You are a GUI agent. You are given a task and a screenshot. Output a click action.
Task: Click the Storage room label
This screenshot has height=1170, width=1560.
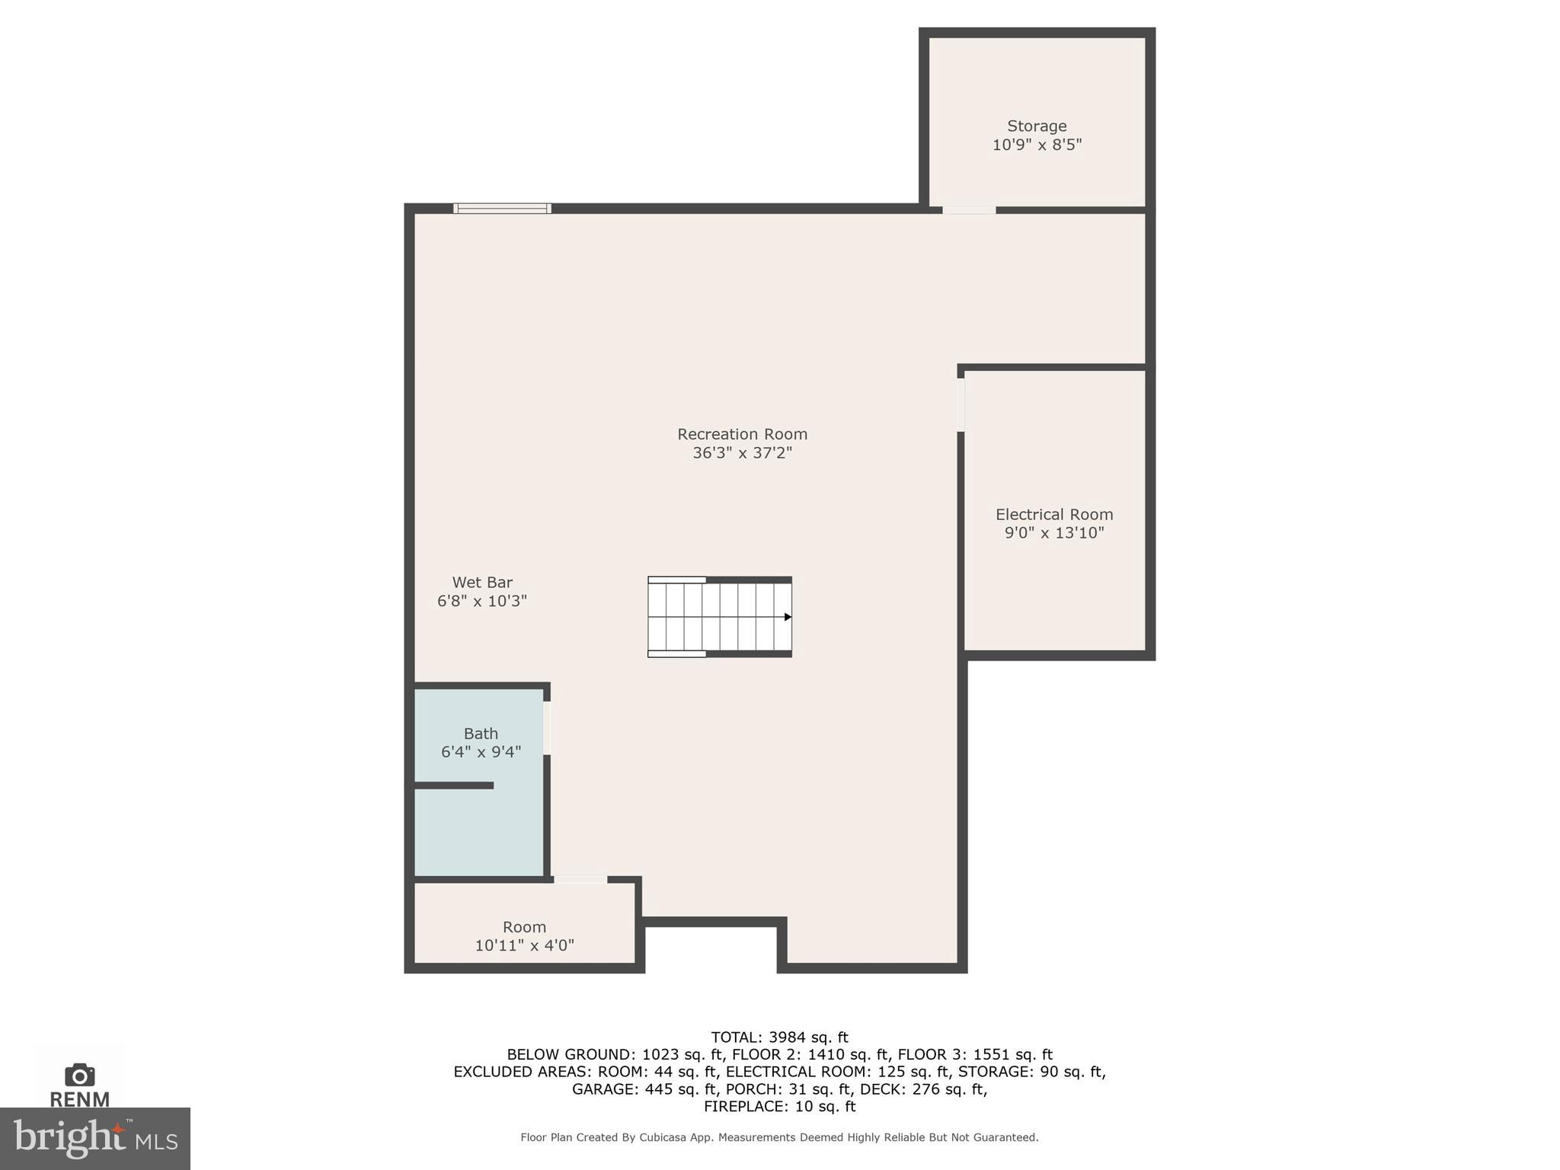(1036, 126)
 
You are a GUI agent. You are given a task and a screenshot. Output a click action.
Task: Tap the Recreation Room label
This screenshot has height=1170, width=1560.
(742, 434)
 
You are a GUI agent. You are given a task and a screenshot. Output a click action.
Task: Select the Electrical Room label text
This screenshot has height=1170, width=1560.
(1053, 514)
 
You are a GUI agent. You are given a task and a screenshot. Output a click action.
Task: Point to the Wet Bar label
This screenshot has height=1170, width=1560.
(482, 583)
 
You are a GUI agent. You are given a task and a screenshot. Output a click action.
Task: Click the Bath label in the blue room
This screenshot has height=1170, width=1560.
(481, 734)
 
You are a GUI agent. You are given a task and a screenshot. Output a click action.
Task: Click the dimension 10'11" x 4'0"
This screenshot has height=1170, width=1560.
(524, 945)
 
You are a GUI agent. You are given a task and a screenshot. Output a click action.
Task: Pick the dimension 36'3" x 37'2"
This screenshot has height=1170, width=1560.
(742, 452)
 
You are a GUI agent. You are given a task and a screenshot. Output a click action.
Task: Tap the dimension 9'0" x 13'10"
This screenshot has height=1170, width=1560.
(1053, 532)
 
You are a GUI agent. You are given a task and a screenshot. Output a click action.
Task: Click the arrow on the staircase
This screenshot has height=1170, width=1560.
(788, 617)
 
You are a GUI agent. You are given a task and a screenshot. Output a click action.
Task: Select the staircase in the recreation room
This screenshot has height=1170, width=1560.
(719, 617)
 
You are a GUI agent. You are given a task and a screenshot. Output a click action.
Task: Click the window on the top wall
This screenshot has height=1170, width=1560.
(502, 208)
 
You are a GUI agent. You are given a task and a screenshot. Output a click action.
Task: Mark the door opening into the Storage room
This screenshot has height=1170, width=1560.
(968, 209)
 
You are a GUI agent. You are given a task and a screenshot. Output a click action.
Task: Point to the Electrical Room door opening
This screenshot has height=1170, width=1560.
(961, 404)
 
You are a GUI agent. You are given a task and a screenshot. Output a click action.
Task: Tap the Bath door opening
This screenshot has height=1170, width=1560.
(547, 728)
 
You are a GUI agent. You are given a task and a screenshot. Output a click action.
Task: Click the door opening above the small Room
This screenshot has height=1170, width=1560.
(580, 880)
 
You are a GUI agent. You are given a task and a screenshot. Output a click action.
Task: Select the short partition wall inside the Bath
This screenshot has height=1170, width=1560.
(454, 785)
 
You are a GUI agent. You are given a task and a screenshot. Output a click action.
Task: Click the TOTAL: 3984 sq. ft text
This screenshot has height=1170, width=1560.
(779, 1037)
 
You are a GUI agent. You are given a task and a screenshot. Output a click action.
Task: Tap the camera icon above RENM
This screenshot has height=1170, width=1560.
(80, 1075)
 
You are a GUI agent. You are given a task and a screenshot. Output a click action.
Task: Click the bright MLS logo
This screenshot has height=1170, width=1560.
(95, 1139)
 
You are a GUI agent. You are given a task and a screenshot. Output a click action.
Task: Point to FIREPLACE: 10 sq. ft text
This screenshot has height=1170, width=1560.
(779, 1106)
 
